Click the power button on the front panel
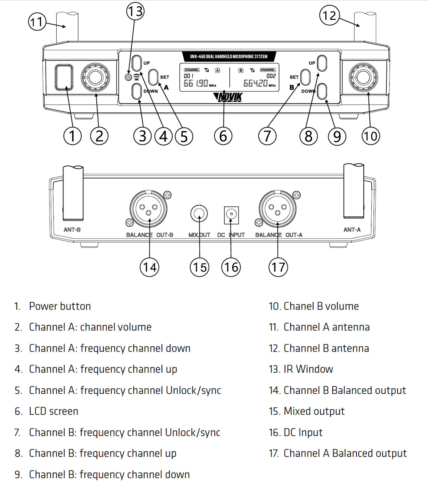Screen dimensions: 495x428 64,77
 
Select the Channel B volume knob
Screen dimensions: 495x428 363,77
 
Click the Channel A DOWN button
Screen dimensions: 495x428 137,92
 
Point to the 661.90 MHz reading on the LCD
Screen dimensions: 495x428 196,84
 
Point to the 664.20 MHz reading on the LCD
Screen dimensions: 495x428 255,84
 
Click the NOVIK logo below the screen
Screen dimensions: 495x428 228,97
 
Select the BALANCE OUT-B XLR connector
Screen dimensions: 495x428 148,209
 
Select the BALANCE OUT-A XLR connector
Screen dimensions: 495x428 277,209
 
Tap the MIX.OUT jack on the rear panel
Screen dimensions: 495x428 199,214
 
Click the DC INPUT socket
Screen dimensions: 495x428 231,214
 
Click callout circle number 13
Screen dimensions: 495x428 135,11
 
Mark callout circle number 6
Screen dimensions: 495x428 223,136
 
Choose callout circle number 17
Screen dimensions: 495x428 278,267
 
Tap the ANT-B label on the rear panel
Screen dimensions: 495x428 72,230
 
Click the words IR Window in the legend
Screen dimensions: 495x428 308,369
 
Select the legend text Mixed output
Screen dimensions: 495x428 314,411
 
